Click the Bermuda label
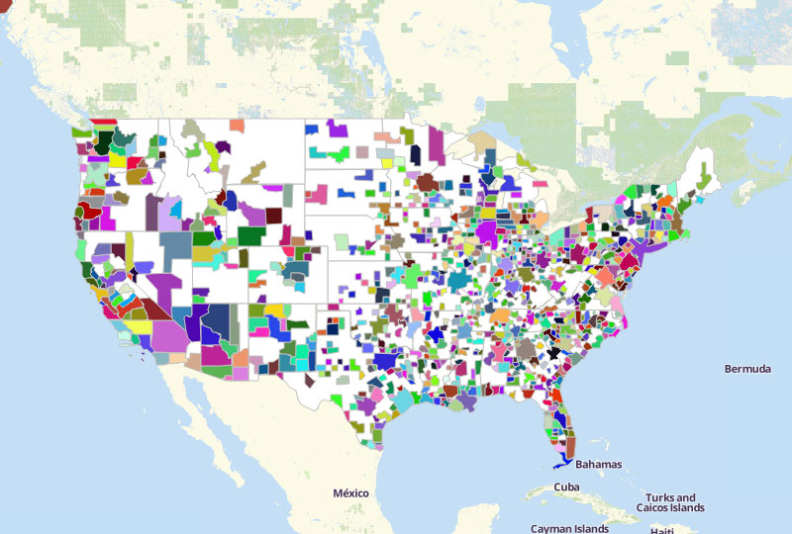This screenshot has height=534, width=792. pyautogui.click(x=747, y=369)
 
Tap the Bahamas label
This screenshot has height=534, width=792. pyautogui.click(x=598, y=464)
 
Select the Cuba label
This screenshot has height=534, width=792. pyautogui.click(x=566, y=487)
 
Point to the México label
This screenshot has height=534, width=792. pyautogui.click(x=350, y=492)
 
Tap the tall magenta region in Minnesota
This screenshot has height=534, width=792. pyautogui.click(x=436, y=145)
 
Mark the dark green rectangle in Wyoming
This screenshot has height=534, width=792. pyautogui.click(x=249, y=235)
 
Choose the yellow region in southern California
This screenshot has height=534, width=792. pyautogui.click(x=137, y=325)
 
